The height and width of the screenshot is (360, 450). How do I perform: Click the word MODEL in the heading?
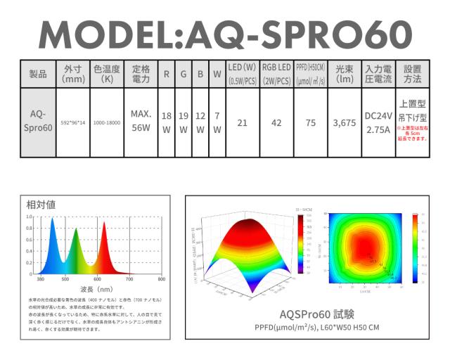[x=102, y=34]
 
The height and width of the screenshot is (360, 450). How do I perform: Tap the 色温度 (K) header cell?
[x=107, y=74]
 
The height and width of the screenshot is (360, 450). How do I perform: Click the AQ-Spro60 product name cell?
[x=38, y=121]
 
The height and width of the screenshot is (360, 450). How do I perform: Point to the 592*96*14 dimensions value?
[x=73, y=122]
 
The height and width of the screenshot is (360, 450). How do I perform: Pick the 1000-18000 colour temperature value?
[x=107, y=122]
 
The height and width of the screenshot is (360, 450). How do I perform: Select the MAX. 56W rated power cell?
[x=141, y=121]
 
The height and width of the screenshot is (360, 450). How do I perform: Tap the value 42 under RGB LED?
[x=276, y=122]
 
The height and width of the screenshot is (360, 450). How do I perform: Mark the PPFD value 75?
[x=311, y=122]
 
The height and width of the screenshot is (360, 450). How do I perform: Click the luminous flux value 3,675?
[x=345, y=122]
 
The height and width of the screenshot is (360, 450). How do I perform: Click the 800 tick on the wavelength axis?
[x=161, y=279]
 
